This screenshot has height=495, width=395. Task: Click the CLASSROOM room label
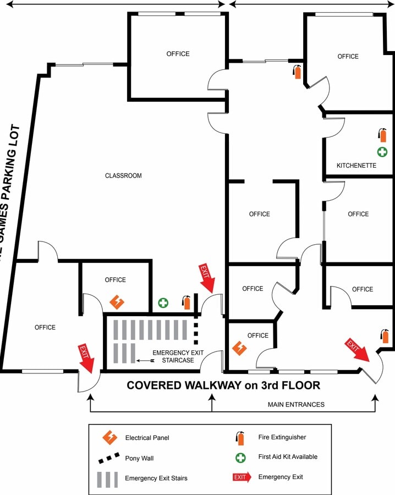point(123,176)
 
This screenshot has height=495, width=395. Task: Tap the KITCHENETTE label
point(356,165)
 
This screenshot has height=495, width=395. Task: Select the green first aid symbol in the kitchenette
point(382,151)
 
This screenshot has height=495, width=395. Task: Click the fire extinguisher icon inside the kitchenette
point(382,135)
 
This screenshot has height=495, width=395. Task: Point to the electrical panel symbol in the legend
point(110,438)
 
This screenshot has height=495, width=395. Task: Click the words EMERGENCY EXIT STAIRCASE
point(173,356)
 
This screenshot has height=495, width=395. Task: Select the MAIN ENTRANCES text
point(296,404)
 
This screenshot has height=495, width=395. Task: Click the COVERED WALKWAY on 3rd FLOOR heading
point(223,385)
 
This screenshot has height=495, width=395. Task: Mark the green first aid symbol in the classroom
point(163,302)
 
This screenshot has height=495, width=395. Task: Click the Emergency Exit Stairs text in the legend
point(156,478)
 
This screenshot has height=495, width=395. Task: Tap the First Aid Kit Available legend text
point(288,457)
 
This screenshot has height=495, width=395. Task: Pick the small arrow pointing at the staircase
point(144,361)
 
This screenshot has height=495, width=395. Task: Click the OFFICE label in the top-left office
point(178,54)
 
